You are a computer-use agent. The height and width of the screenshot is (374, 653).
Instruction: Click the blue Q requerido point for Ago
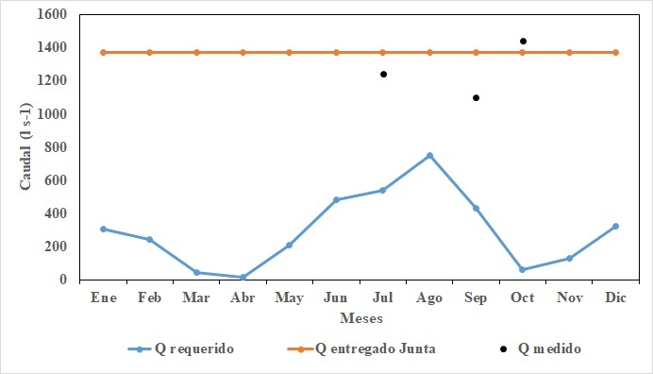pyautogui.click(x=429, y=156)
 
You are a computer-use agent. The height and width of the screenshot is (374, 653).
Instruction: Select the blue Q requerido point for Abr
pyautogui.click(x=243, y=278)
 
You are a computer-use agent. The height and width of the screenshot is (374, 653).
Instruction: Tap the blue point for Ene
pyautogui.click(x=103, y=229)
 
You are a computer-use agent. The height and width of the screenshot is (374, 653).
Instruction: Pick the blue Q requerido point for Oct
pyautogui.click(x=523, y=269)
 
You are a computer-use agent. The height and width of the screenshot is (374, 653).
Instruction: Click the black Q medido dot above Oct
pyautogui.click(x=523, y=41)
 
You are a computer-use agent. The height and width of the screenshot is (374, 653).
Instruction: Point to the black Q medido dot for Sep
pyautogui.click(x=477, y=97)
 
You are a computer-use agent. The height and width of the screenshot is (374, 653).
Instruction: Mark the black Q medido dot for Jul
pyautogui.click(x=383, y=74)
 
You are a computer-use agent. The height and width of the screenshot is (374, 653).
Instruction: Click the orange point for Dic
pyautogui.click(x=616, y=52)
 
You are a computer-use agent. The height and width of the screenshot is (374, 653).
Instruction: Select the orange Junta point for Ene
pyautogui.click(x=103, y=52)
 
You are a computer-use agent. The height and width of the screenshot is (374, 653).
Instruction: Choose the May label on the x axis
pyautogui.click(x=289, y=297)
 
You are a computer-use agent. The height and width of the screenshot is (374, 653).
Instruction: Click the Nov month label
pyautogui.click(x=569, y=297)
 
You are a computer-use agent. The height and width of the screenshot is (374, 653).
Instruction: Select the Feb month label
pyautogui.click(x=149, y=297)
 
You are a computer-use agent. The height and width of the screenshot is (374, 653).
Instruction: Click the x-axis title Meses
pyautogui.click(x=360, y=317)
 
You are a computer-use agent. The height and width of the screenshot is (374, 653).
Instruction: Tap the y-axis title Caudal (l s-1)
pyautogui.click(x=26, y=147)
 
